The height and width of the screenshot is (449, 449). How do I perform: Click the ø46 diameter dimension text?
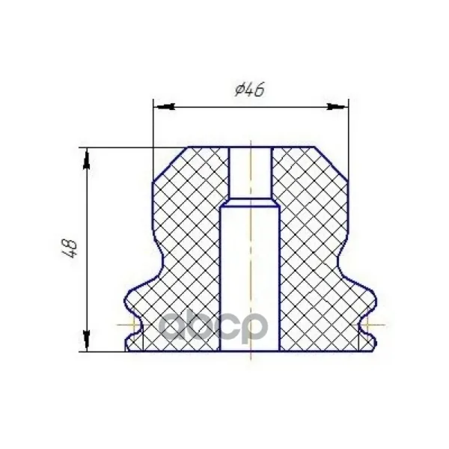249,90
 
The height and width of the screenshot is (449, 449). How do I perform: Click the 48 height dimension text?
70,248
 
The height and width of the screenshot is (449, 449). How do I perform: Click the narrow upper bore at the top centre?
251,172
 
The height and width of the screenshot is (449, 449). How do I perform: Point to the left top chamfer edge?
171,164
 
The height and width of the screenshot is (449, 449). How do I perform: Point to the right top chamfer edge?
332,164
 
